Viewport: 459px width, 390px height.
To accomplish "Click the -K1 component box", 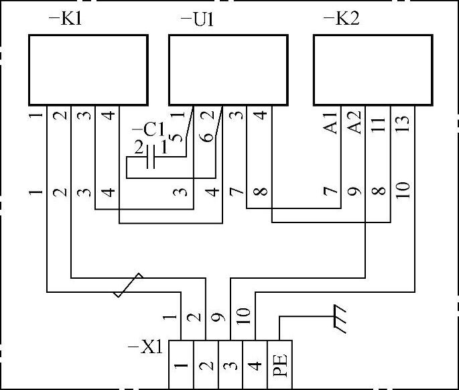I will click(88, 69).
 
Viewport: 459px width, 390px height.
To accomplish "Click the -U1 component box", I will click(228, 69).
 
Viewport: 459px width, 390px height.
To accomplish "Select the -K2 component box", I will click(373, 69).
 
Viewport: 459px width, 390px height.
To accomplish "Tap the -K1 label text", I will click(65, 18).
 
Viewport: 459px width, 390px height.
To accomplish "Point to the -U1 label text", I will click(197, 18).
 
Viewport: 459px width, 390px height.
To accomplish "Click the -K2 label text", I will click(341, 18).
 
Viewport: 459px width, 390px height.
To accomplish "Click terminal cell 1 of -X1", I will click(181, 365).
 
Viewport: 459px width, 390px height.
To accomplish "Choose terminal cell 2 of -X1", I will click(206, 365).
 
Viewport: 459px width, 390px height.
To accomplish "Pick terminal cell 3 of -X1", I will click(230, 365).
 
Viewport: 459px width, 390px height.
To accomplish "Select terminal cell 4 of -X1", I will click(255, 365).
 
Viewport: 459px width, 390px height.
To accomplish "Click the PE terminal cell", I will click(280, 365).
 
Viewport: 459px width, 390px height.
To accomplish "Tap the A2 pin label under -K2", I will click(356, 123).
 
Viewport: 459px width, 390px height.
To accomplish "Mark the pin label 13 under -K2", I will click(403, 123).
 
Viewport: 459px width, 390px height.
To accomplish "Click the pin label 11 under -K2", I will click(380, 123).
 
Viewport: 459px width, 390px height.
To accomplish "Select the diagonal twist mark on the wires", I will click(128, 284).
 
